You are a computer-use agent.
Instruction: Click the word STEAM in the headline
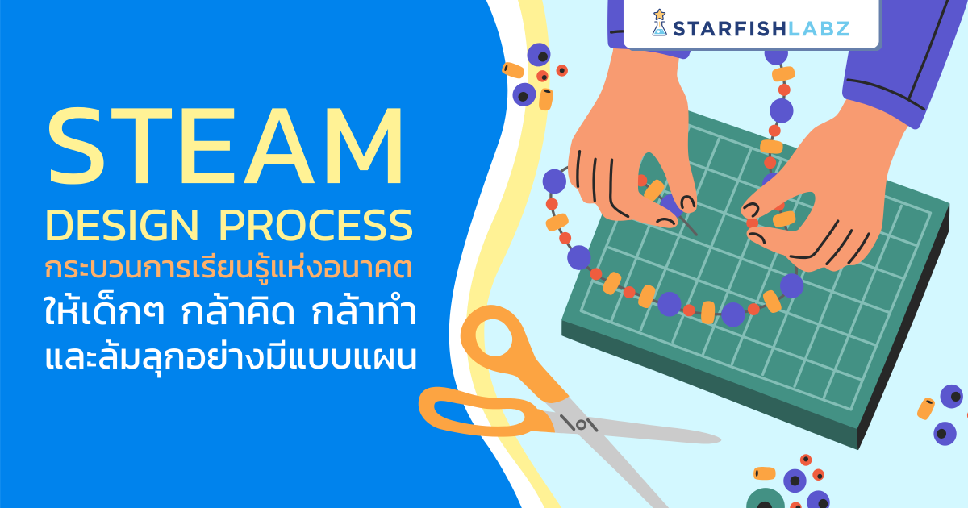[x=226, y=148]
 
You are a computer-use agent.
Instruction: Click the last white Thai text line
[x=230, y=355]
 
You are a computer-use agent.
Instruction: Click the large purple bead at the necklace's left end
[x=555, y=181]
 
